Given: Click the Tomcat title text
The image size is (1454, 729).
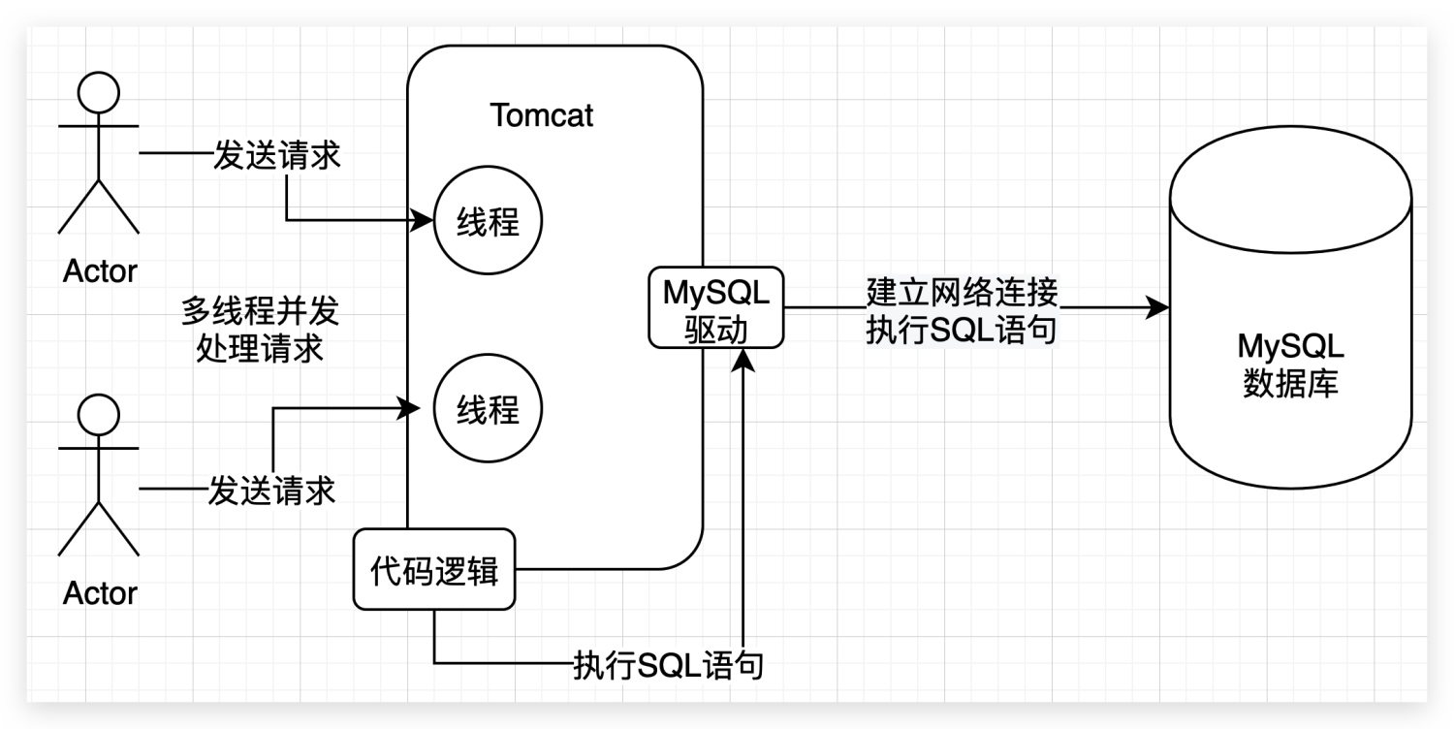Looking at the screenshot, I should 542,115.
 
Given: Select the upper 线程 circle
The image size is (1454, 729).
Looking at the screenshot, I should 488,223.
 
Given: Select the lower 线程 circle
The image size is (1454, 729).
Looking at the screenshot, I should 488,410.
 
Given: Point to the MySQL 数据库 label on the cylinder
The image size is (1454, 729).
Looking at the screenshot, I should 1291,364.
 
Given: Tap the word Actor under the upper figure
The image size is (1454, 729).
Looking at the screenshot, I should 100,270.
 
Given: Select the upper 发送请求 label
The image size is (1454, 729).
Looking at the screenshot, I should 276,155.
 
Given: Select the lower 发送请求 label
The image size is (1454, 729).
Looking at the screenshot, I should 271,490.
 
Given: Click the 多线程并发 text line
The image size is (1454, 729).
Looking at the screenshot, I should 261,312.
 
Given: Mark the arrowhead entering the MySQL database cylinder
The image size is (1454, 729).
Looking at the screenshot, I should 1158,308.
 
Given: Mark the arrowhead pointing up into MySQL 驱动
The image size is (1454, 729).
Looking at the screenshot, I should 743,360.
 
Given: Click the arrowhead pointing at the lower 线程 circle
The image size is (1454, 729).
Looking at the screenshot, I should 411,409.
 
